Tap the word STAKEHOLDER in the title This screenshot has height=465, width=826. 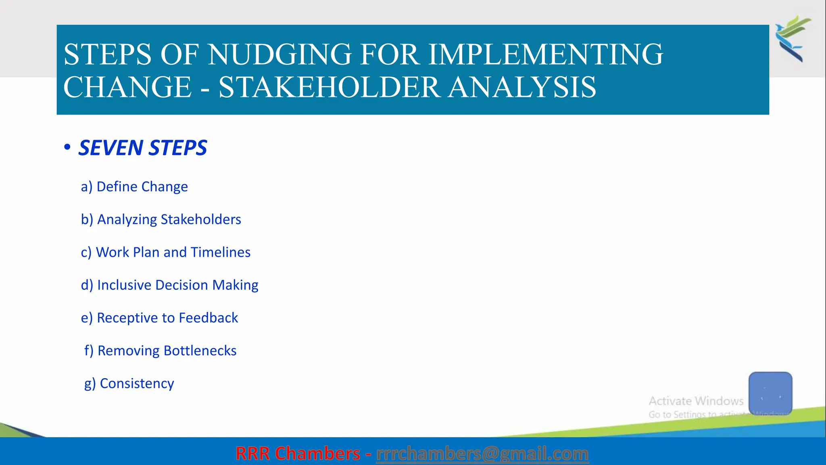click(x=329, y=87)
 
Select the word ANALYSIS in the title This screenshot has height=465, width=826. click(x=522, y=87)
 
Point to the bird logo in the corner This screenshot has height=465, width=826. click(x=793, y=38)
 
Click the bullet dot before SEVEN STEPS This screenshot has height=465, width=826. click(x=67, y=147)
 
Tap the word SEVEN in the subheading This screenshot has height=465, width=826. click(x=111, y=148)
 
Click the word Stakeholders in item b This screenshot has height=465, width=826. click(x=200, y=219)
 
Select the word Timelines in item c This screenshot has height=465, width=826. click(x=220, y=252)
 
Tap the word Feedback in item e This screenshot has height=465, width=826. click(x=208, y=318)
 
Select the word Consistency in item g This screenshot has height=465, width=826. click(x=137, y=383)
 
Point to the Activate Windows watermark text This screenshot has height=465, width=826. click(x=696, y=401)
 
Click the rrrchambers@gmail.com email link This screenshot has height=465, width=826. click(x=482, y=454)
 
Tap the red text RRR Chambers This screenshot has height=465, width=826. click(x=298, y=454)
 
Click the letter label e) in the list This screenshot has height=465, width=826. click(x=87, y=318)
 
